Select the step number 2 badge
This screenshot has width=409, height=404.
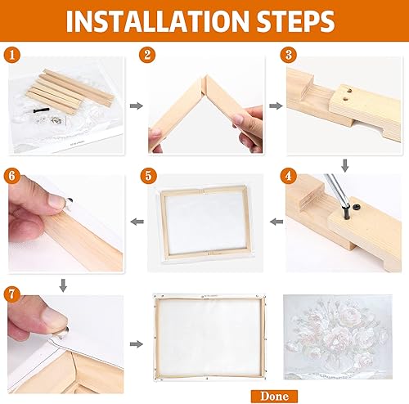click(x=148, y=56)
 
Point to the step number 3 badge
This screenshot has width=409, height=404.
click(x=287, y=56)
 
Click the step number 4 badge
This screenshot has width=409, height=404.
click(x=288, y=174)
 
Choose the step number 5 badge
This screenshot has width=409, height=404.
click(x=147, y=174)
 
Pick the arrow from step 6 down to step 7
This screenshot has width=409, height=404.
click(x=63, y=283)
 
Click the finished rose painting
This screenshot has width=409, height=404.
click(x=341, y=337)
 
